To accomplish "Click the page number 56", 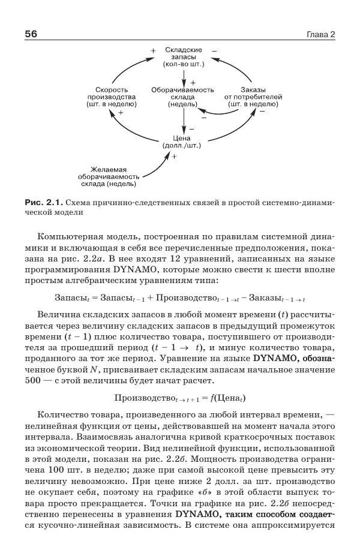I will tap(31, 34).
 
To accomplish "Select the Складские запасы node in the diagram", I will tap(183, 56).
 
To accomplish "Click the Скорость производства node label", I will tap(112, 97).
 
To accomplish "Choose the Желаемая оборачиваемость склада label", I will tap(108, 176).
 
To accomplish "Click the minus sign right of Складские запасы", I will tap(214, 50).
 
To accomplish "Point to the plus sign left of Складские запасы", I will tap(153, 50).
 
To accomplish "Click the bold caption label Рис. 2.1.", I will tap(43, 202).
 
